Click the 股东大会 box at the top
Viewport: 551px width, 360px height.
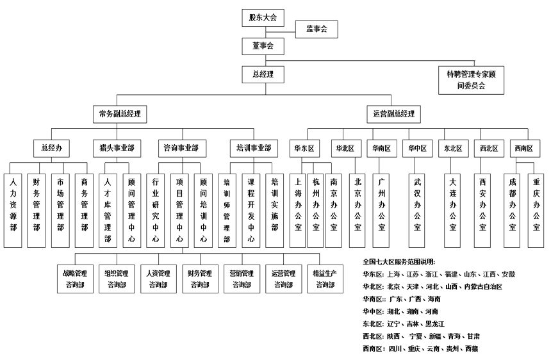tap(263, 17)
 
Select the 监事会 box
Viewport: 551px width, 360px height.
tap(316, 29)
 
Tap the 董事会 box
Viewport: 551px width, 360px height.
tap(263, 45)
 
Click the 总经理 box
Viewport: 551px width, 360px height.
tap(263, 75)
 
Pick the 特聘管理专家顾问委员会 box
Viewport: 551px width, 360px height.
tap(471, 79)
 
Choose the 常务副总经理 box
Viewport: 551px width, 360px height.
tap(120, 115)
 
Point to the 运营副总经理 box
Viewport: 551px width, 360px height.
tap(393, 115)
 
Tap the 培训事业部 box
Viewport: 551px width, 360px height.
tap(254, 148)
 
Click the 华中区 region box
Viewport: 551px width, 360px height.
tap(418, 148)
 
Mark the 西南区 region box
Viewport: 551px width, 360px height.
tap(523, 148)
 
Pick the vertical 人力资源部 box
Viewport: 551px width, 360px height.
tap(13, 210)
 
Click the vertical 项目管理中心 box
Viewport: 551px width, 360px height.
tap(179, 210)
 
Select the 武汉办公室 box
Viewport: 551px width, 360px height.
tap(418, 210)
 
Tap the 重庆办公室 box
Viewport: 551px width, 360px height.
tap(536, 210)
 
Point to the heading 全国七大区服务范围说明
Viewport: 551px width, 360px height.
tap(399, 261)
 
